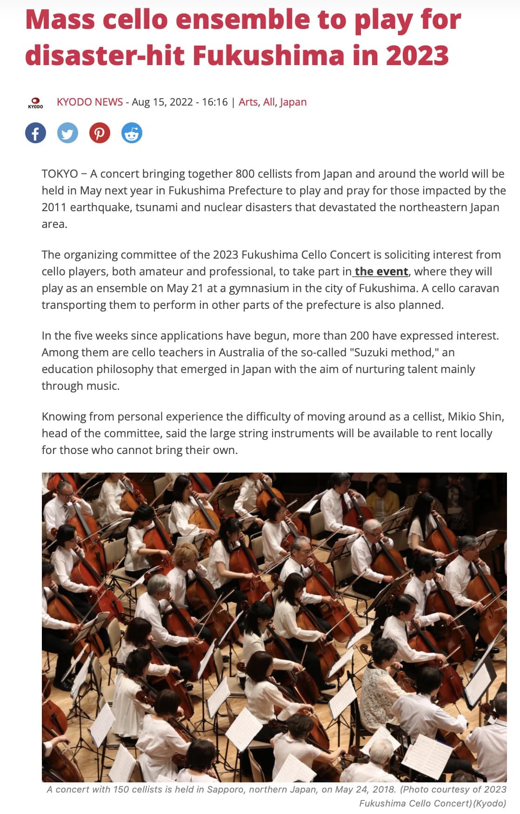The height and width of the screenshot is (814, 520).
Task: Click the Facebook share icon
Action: click(x=35, y=133)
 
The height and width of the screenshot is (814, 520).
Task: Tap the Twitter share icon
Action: click(x=67, y=133)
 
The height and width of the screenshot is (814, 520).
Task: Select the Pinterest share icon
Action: click(x=100, y=133)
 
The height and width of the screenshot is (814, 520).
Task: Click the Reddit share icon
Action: click(x=132, y=133)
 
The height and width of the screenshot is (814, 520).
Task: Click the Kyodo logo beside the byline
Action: click(x=35, y=103)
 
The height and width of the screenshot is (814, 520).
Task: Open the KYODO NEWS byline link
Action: click(x=90, y=102)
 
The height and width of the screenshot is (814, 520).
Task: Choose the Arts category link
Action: click(x=248, y=102)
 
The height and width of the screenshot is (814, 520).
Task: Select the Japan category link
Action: click(x=293, y=102)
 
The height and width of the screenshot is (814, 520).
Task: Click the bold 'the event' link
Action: click(x=381, y=271)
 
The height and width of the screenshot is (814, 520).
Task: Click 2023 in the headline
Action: click(x=417, y=55)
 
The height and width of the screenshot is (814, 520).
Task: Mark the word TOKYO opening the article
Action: click(x=60, y=173)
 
